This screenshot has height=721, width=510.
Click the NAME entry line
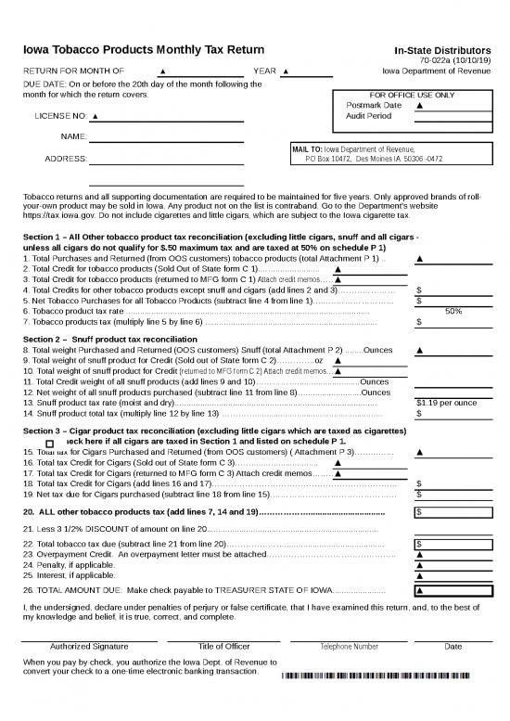click(x=166, y=136)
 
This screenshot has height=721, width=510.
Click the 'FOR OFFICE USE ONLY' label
click(x=412, y=95)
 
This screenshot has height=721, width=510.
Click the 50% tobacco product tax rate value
click(x=453, y=312)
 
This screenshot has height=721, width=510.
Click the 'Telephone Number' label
click(x=349, y=647)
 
